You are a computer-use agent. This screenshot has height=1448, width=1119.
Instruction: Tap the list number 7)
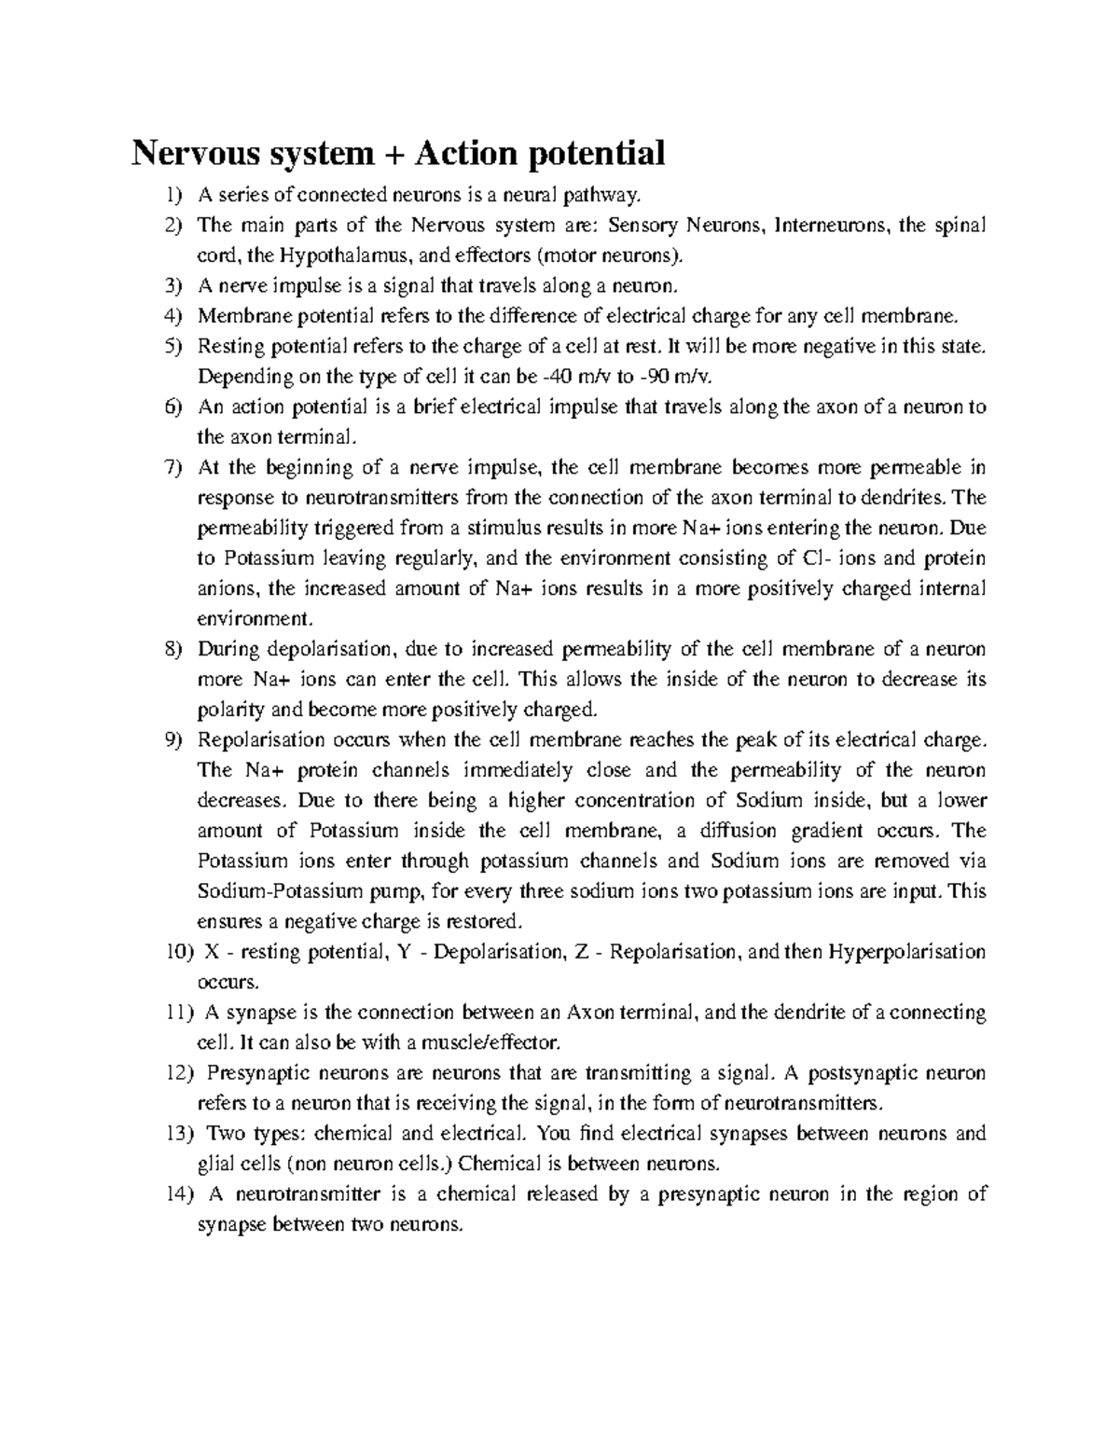(x=174, y=467)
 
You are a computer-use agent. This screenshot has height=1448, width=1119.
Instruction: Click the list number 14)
(x=174, y=1194)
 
